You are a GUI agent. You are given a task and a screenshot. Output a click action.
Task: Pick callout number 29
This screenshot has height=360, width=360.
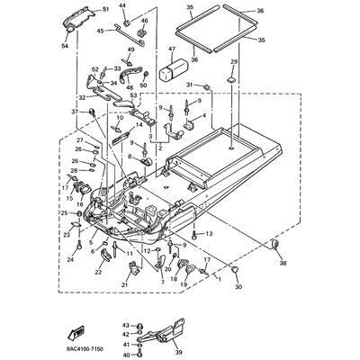[233, 63]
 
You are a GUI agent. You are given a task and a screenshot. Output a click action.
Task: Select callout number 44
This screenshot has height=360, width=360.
[123, 6]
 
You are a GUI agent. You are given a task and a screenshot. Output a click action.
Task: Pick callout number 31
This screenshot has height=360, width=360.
[190, 85]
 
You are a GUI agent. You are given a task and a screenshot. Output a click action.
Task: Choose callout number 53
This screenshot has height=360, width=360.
[133, 94]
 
